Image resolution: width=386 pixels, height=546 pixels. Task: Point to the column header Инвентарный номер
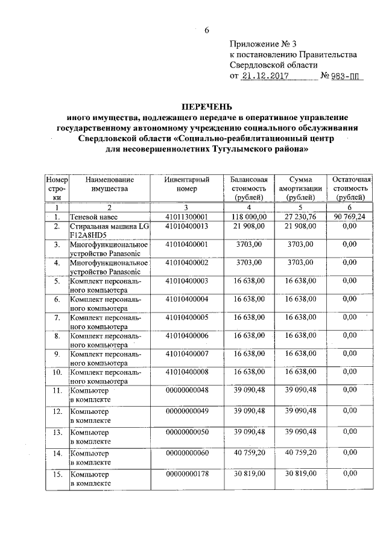[x=187, y=184]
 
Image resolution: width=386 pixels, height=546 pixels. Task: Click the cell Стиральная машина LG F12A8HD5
[x=100, y=230]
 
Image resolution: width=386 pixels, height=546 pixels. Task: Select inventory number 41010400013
[x=186, y=226]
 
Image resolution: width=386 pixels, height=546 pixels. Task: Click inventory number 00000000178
[x=186, y=475]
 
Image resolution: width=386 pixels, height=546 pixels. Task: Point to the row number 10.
[x=57, y=372]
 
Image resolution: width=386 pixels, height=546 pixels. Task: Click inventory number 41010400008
[x=186, y=372]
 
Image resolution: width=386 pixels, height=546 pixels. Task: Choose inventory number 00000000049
[x=186, y=411]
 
